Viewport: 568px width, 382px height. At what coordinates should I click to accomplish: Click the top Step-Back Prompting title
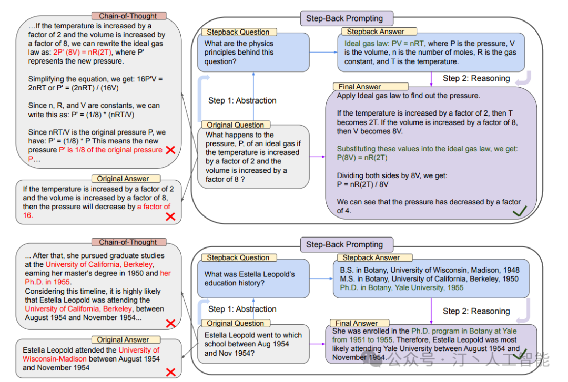[x=344, y=18]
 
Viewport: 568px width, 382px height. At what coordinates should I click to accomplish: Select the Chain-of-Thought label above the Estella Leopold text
[x=128, y=242]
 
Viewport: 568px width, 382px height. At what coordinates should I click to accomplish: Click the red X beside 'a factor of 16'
[x=170, y=215]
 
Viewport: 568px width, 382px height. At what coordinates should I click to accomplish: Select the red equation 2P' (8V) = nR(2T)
[x=87, y=53]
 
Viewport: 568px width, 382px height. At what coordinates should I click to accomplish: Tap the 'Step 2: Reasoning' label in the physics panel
[x=476, y=78]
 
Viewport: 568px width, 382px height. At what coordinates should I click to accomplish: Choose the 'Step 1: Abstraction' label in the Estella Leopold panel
[x=242, y=309]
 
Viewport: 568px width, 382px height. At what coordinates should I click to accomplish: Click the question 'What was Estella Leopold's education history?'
[x=249, y=278]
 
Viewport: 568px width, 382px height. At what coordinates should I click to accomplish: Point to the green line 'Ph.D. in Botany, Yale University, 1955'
[x=402, y=288]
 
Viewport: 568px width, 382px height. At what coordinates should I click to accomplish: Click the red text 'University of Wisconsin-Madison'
[x=91, y=354]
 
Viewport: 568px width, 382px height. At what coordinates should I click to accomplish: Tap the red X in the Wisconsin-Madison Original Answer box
[x=170, y=372]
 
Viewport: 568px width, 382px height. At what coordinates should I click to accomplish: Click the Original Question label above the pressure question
[x=235, y=125]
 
